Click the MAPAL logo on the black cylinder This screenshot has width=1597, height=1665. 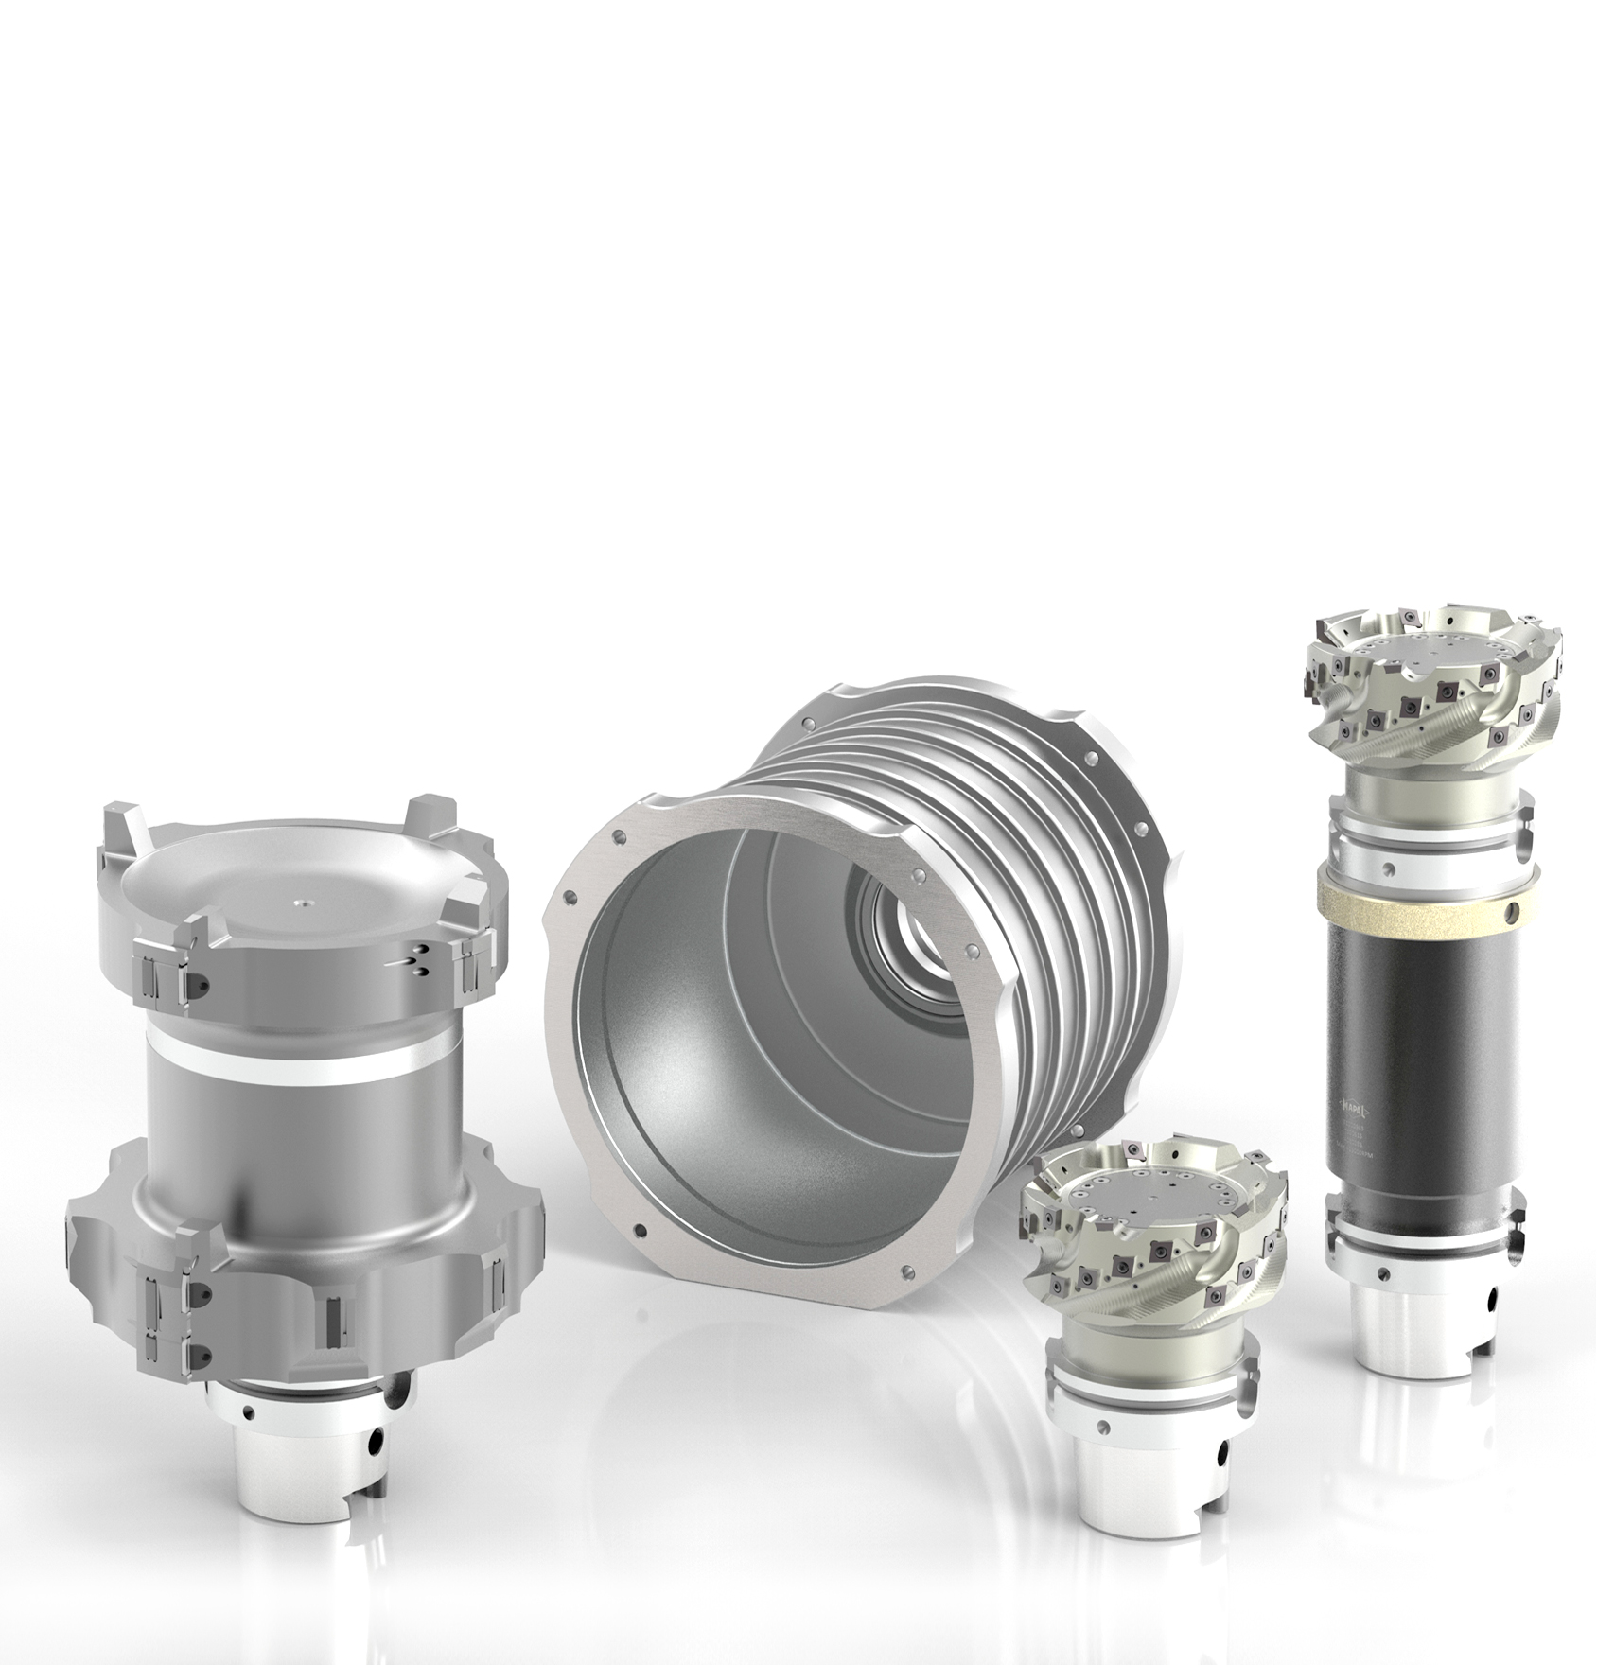[x=1360, y=1104]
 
